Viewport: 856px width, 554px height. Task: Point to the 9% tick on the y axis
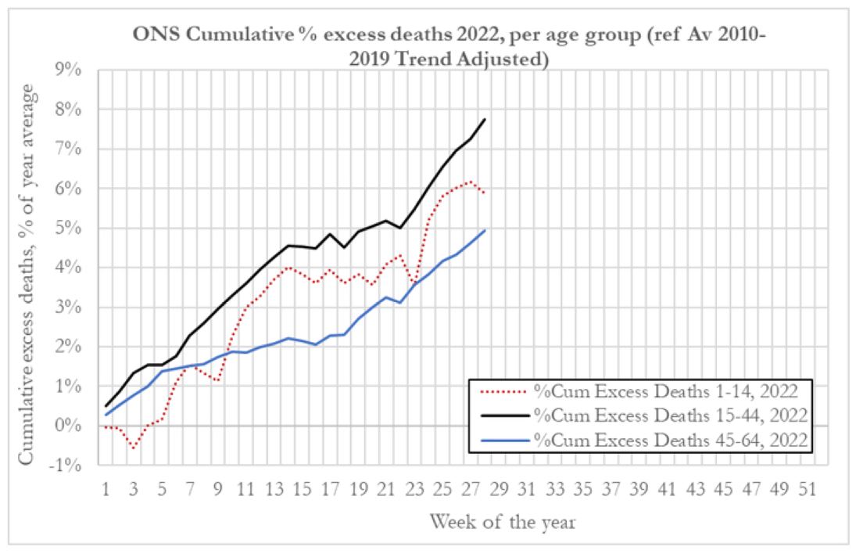click(69, 69)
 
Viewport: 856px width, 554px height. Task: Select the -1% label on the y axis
click(67, 466)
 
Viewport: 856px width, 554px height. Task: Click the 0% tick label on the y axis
click(69, 426)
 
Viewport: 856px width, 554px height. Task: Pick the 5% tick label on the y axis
click(69, 228)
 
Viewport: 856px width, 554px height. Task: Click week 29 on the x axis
click(500, 489)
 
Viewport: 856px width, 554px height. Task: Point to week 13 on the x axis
click(275, 489)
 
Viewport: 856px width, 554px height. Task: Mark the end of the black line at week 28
click(485, 119)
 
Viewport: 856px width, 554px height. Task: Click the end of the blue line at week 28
click(485, 230)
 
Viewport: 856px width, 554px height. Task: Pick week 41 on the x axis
click(668, 489)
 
